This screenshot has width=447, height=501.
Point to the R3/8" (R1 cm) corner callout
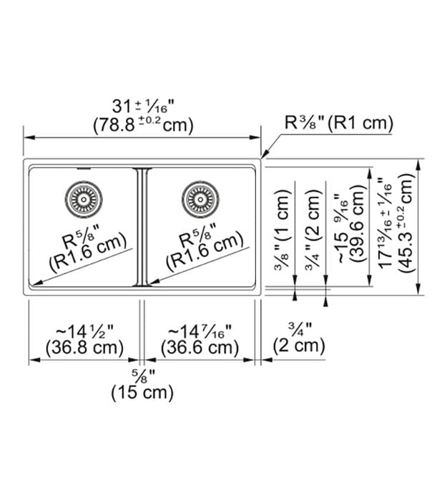tap(339, 123)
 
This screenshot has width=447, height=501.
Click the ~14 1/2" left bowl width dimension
tap(84, 331)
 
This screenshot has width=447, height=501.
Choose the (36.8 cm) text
tap(84, 349)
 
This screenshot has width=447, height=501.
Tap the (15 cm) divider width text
tap(142, 392)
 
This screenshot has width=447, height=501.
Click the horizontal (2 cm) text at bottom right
tap(300, 347)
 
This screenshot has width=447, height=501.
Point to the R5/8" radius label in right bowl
tap(204, 238)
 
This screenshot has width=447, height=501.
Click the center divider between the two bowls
tap(142, 225)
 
